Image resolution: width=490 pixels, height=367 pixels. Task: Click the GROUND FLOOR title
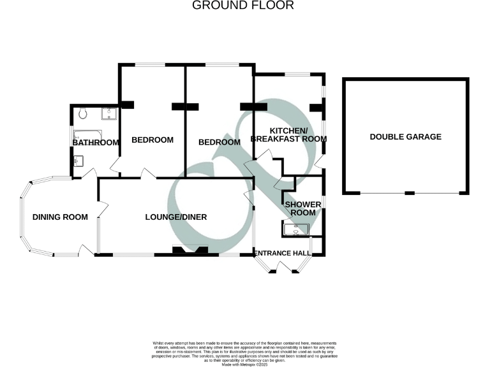tap(243, 6)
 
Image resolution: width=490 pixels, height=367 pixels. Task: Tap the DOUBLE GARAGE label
tap(405, 137)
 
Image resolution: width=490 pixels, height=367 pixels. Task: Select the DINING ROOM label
tap(60, 217)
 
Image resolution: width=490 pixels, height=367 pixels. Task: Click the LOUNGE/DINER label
tap(176, 217)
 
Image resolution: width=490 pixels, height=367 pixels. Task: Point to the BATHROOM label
tap(96, 143)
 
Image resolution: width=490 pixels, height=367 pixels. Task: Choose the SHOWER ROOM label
tap(300, 208)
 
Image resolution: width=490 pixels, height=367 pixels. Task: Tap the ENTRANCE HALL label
tap(283, 254)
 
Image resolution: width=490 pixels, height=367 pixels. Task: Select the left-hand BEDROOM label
tap(152, 140)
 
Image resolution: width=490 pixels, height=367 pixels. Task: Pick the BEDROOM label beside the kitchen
tap(219, 142)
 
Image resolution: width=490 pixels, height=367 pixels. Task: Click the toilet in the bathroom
tap(83, 113)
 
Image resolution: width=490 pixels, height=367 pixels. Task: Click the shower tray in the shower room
tap(295, 229)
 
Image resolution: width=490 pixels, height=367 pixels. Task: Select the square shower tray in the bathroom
tap(110, 114)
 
